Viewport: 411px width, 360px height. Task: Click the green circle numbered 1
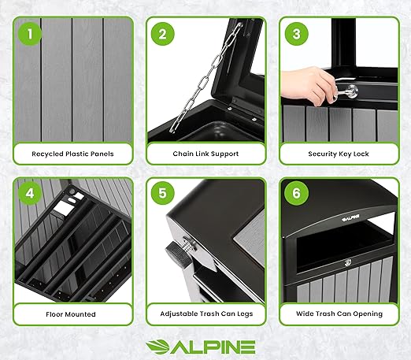30,34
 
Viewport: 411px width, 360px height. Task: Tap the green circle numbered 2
163,34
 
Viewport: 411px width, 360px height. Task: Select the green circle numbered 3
296,34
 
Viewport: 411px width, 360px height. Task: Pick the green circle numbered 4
30,194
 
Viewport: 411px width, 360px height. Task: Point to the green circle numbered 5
163,194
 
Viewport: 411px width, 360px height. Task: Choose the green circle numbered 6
296,194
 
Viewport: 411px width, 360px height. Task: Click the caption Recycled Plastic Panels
72,154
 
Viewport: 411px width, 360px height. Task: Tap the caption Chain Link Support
205,154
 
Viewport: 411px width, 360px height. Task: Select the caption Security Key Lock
339,154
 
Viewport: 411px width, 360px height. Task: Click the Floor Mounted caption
71,314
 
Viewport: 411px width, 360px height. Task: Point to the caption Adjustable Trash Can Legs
206,314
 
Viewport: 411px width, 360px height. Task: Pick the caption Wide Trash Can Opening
339,314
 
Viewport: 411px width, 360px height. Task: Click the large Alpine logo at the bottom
201,347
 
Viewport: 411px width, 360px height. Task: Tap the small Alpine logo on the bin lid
350,217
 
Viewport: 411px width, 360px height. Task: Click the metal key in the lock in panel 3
346,93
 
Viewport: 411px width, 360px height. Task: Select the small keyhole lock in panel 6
348,262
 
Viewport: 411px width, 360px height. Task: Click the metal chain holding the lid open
206,77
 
